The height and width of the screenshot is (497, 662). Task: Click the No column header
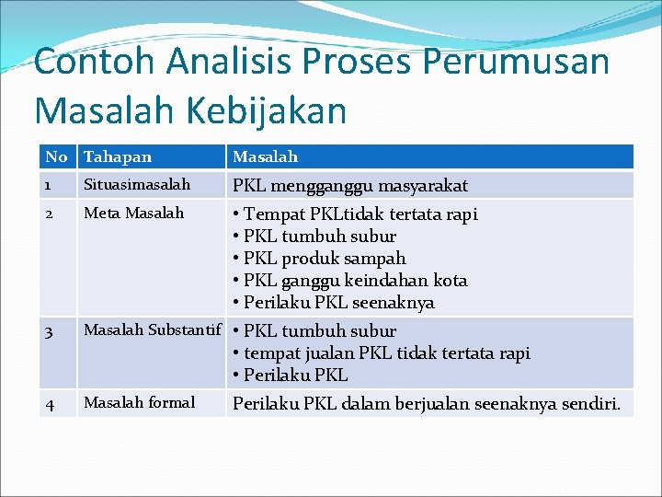[57, 157]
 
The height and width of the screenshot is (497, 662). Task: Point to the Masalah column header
[265, 157]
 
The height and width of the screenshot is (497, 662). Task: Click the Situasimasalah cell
[137, 185]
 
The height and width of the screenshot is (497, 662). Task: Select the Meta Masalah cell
[134, 213]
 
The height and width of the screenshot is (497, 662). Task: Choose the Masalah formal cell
[139, 402]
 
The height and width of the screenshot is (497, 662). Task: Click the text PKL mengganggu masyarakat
[350, 186]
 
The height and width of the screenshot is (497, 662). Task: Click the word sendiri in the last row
[593, 403]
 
